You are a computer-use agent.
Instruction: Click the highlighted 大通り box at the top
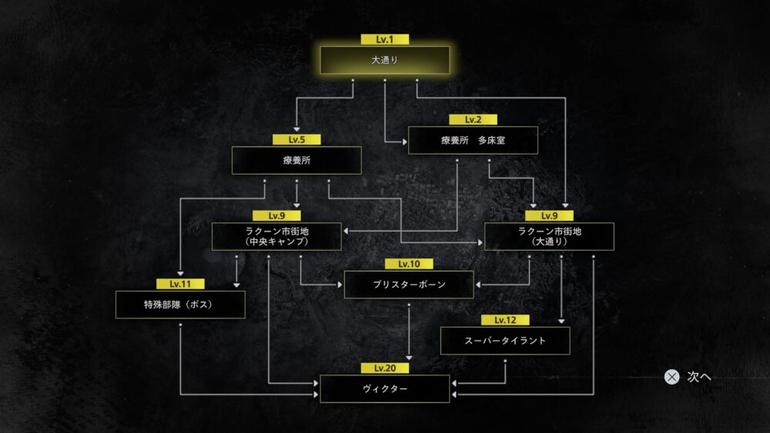pos(384,60)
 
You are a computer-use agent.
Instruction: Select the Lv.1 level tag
pos(384,39)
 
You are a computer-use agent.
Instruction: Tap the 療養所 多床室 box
pos(473,140)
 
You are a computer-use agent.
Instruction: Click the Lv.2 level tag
pos(473,120)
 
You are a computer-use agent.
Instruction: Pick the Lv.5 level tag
pos(296,140)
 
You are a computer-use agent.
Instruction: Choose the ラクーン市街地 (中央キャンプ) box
pos(276,236)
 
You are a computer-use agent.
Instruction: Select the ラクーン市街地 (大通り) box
pos(549,236)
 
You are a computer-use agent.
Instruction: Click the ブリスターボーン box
pos(409,285)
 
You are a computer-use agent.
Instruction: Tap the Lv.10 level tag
pos(409,264)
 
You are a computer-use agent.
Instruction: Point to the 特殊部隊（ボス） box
pos(180,305)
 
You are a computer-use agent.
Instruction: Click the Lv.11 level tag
pos(180,284)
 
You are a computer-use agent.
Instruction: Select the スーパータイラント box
pos(505,341)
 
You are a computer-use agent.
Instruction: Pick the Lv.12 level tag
pos(505,320)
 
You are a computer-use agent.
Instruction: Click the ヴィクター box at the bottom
pos(384,389)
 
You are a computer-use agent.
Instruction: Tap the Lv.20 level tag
pos(384,368)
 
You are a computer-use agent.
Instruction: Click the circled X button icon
pos(671,377)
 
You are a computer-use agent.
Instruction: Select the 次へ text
pos(699,377)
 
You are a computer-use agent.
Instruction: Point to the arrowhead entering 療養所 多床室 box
pos(405,142)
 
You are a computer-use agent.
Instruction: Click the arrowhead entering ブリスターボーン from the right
pos(478,285)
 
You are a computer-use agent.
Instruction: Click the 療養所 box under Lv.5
pos(296,160)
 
